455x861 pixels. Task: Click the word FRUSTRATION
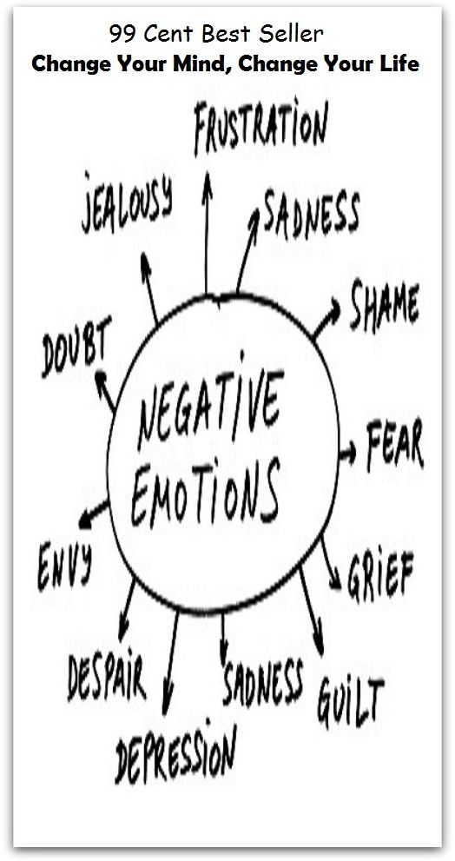pos(261,127)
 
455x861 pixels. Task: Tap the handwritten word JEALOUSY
pos(128,202)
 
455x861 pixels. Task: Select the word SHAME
pos(385,305)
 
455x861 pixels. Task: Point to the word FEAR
pos(394,446)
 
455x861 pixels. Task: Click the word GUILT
pos(350,699)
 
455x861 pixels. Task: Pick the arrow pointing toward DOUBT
pos(105,391)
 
